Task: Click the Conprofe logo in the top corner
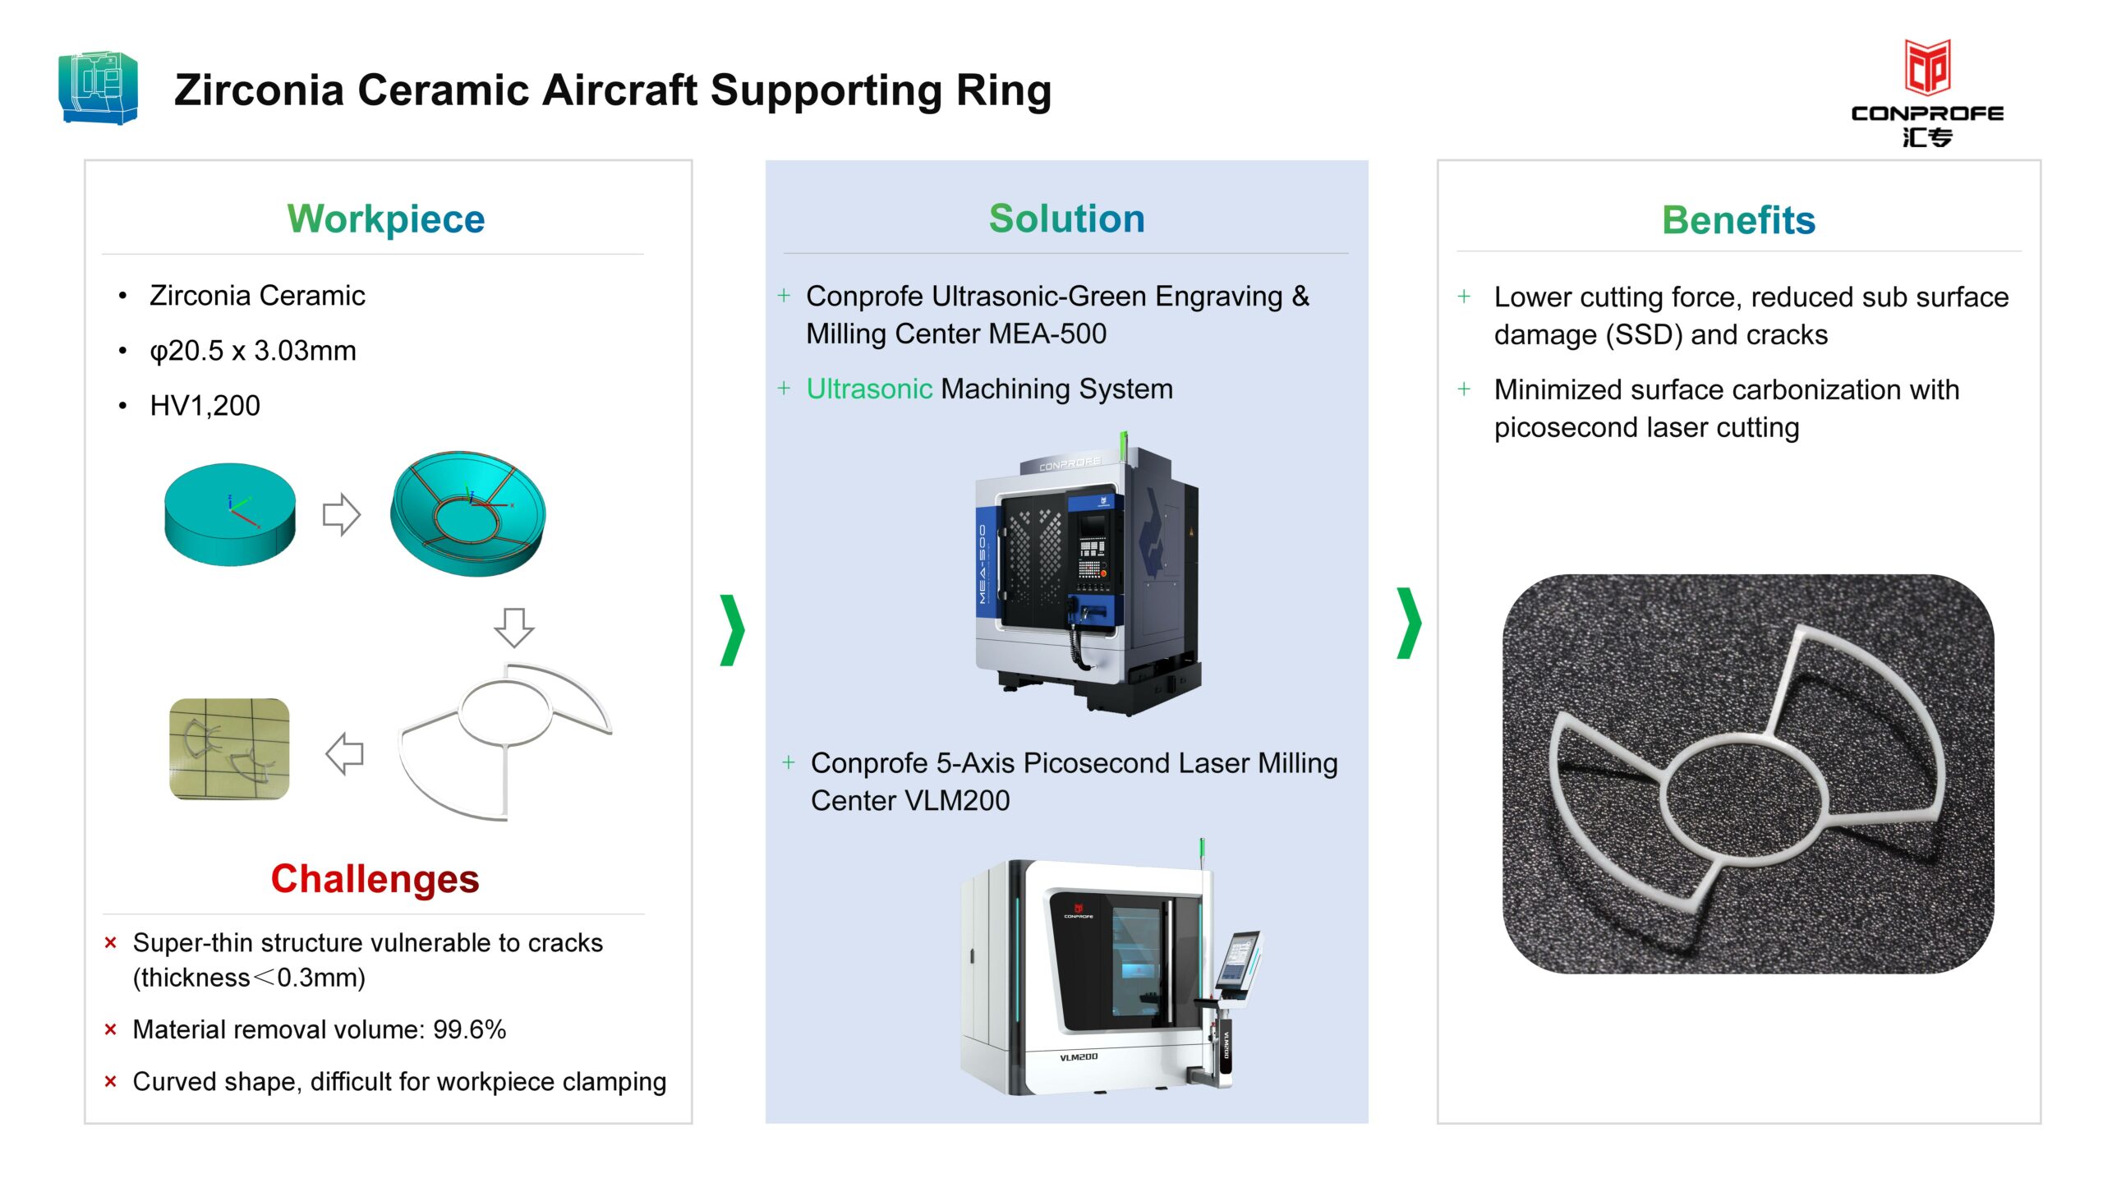click(x=1926, y=93)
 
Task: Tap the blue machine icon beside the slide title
click(x=99, y=88)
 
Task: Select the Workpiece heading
click(x=386, y=219)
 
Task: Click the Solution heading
click(x=1066, y=219)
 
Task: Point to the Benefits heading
click(x=1738, y=220)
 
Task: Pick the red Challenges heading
click(x=375, y=878)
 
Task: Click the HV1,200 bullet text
click(x=205, y=405)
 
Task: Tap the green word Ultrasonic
click(x=869, y=389)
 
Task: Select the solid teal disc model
click(x=230, y=514)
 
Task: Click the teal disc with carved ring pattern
click(x=467, y=513)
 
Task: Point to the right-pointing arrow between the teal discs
click(x=342, y=514)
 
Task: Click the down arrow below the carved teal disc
click(x=514, y=628)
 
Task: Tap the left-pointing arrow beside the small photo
click(x=345, y=753)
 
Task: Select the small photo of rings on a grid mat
click(x=229, y=748)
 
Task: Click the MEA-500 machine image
click(x=1088, y=573)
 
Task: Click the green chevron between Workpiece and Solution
click(x=732, y=629)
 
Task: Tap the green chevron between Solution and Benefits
click(x=1409, y=623)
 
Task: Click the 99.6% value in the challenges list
click(x=469, y=1029)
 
